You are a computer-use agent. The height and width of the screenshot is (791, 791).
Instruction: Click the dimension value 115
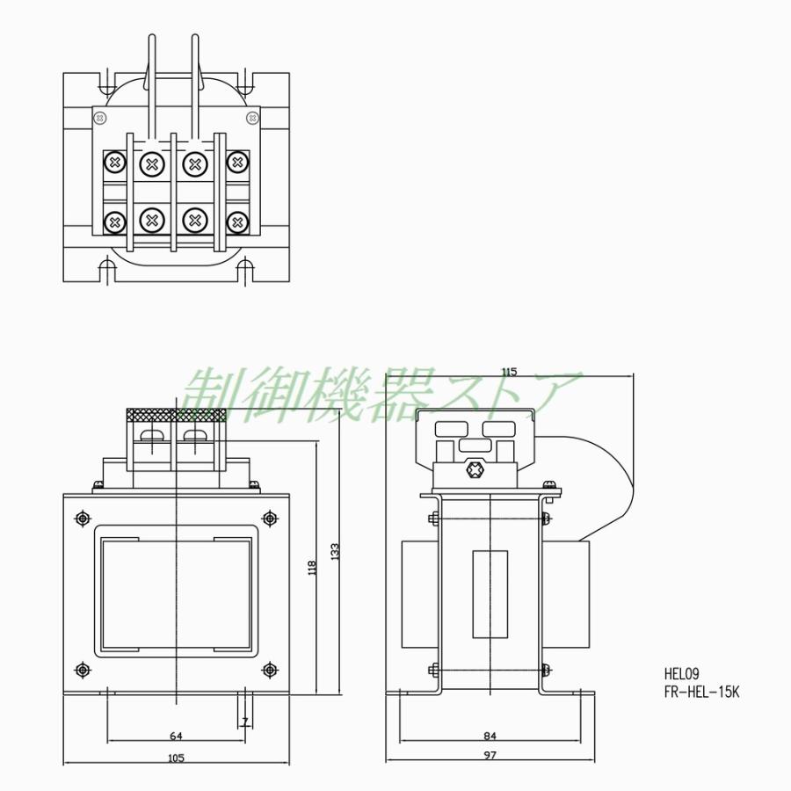(x=508, y=371)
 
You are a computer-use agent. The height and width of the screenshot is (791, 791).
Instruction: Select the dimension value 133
(x=335, y=552)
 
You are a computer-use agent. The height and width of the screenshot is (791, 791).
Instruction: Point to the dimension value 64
(x=176, y=735)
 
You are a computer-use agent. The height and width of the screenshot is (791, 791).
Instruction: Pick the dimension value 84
(x=490, y=735)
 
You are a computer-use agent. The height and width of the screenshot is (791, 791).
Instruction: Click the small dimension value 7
(x=245, y=722)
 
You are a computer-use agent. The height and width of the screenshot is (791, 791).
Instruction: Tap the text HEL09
(x=681, y=675)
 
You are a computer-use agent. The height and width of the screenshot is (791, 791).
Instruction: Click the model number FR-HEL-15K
(x=702, y=691)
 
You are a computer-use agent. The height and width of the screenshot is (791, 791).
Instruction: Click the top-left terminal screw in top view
(x=114, y=163)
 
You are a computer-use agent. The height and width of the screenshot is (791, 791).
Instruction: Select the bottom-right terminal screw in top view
(x=236, y=221)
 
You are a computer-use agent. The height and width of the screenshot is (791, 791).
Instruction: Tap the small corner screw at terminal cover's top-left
(x=100, y=118)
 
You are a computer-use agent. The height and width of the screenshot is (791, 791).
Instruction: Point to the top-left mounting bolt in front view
(x=83, y=518)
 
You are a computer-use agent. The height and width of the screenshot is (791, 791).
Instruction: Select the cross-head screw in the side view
(x=477, y=470)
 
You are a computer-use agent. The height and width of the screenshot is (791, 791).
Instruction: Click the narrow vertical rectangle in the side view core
(x=490, y=593)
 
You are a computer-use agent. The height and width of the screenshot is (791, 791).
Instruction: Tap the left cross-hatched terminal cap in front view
(x=152, y=414)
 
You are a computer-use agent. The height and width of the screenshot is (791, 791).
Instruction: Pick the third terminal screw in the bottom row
(x=195, y=220)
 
